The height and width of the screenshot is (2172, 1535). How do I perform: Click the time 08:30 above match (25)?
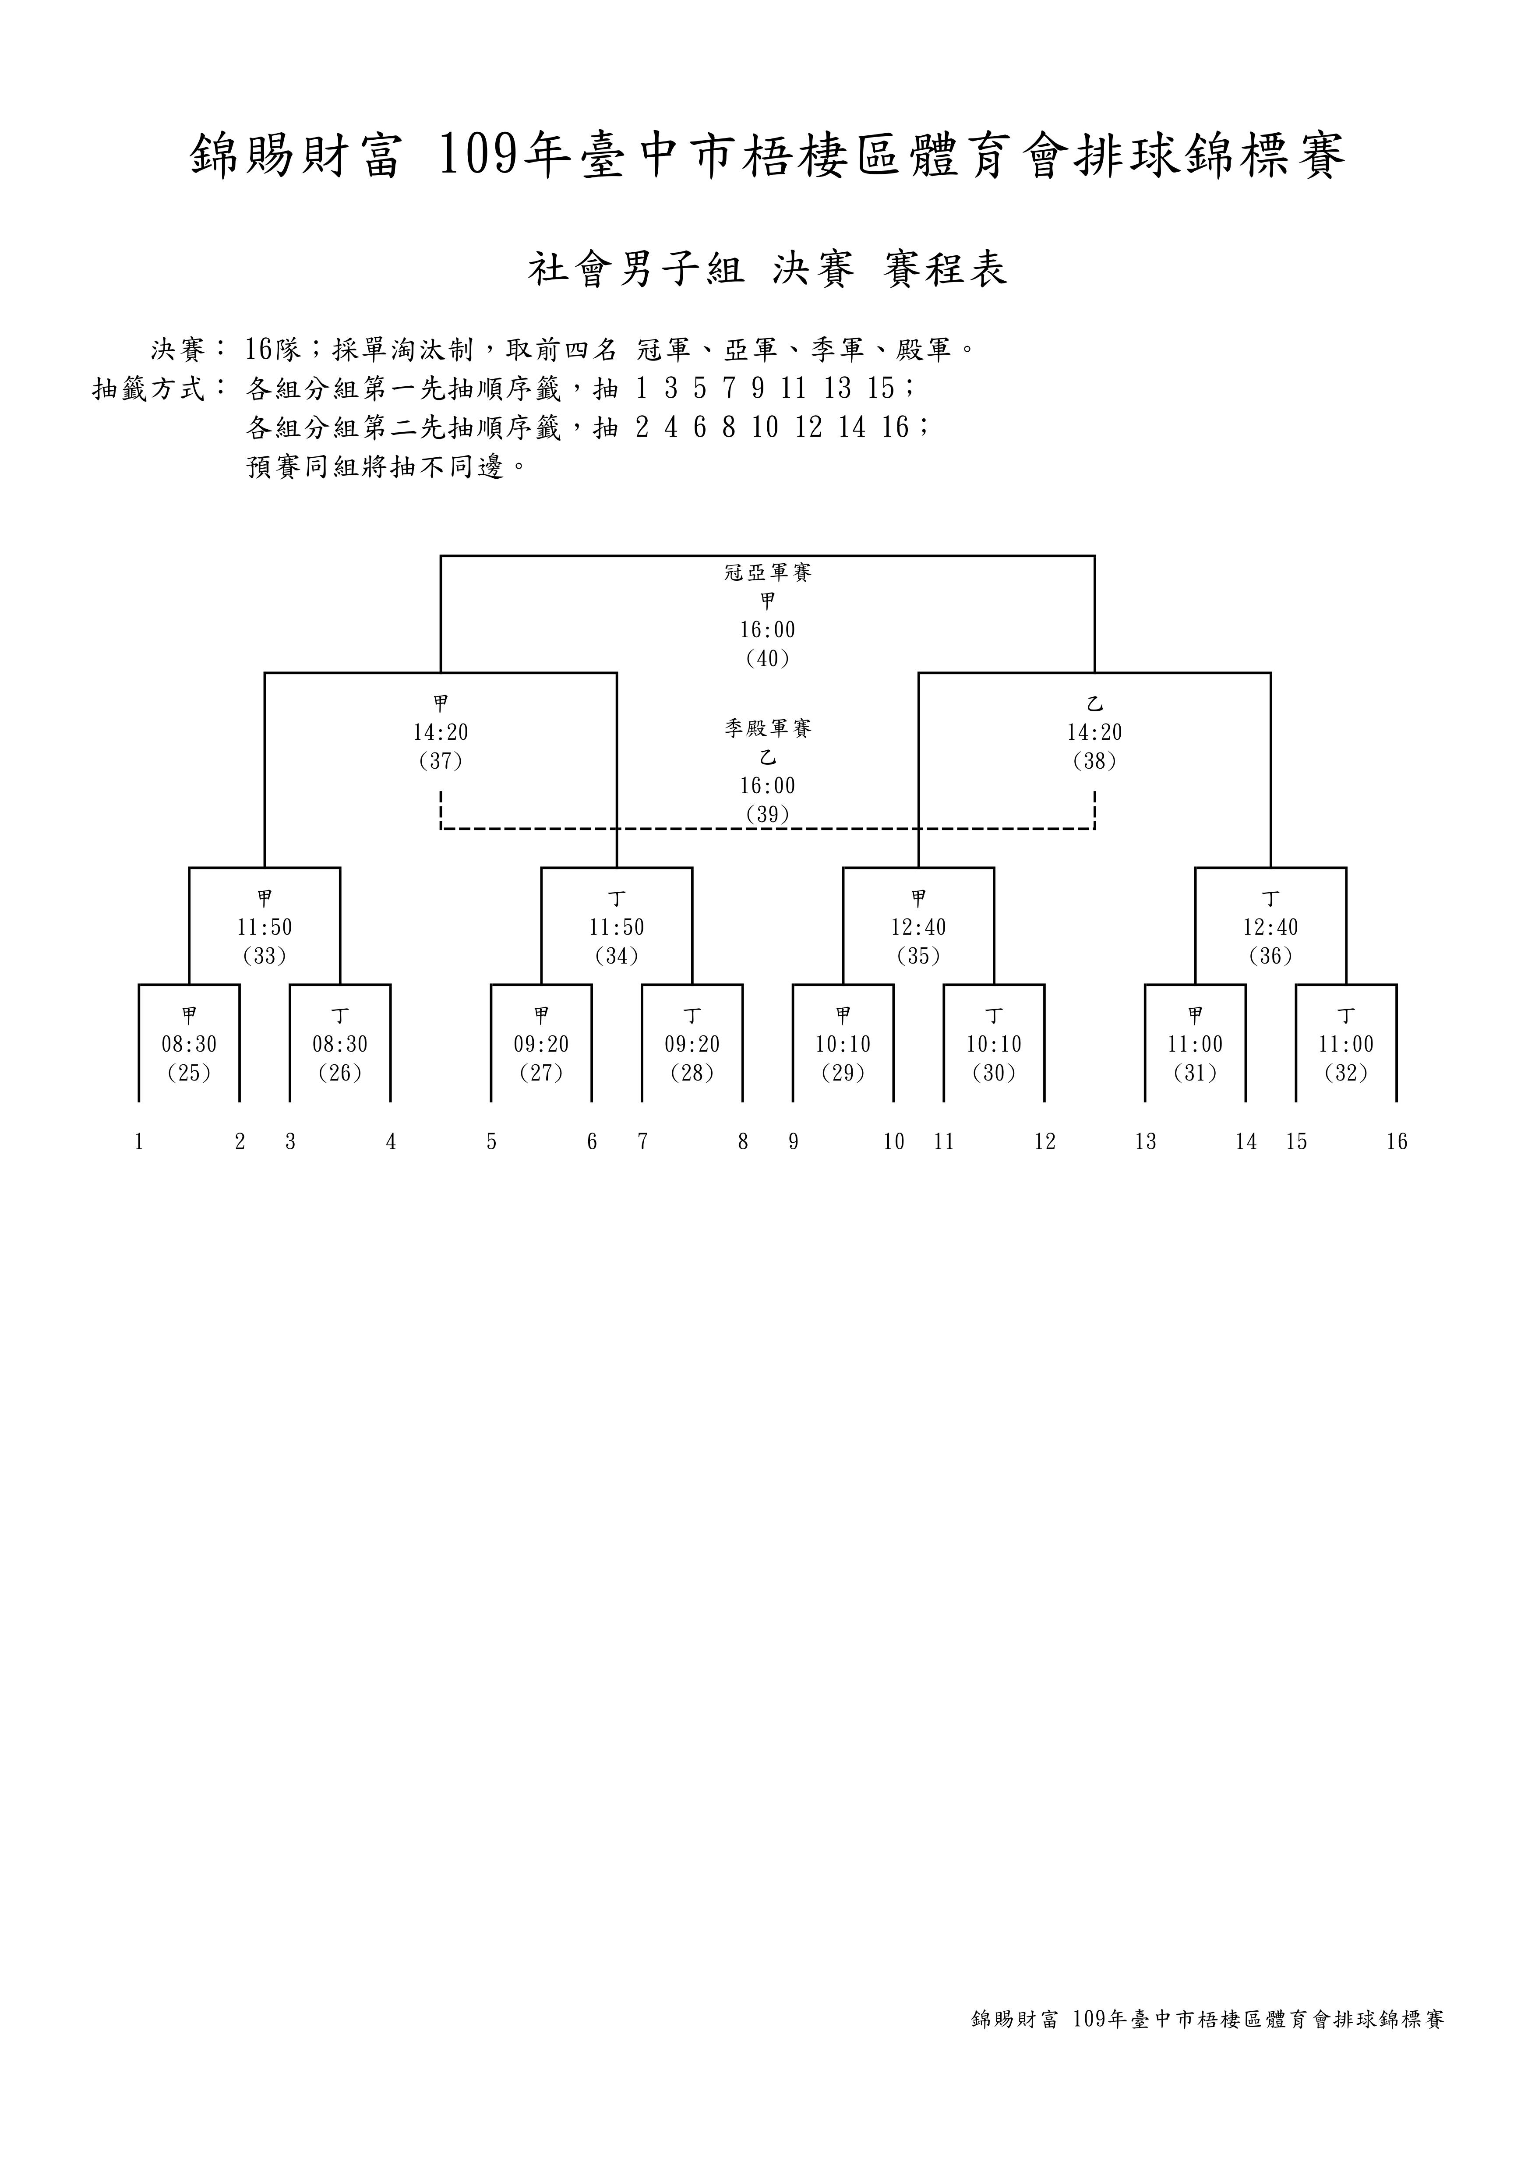click(x=189, y=1044)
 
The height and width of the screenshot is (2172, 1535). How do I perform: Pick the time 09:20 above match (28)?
click(x=692, y=1044)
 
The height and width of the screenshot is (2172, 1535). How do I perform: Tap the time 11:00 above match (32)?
click(x=1346, y=1044)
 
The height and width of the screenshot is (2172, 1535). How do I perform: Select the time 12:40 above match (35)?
click(x=918, y=927)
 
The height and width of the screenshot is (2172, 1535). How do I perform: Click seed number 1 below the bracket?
click(x=139, y=1142)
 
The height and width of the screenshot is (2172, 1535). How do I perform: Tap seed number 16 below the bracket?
click(x=1397, y=1142)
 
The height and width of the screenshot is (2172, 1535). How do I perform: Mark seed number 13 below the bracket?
click(x=1145, y=1142)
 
